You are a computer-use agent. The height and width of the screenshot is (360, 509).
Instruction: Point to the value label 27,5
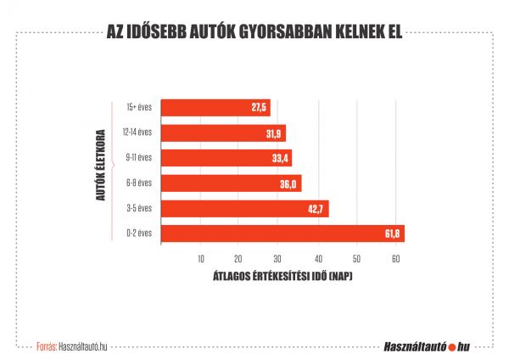pos(259,108)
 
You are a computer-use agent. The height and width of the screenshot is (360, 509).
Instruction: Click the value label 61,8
pos(393,233)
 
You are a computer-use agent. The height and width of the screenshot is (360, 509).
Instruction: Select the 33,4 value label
pos(281,159)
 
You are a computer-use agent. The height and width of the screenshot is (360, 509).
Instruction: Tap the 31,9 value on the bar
pos(275,133)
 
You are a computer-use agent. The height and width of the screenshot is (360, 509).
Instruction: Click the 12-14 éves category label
pos(137,133)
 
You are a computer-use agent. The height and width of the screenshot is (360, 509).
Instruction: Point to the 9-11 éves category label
pos(138,159)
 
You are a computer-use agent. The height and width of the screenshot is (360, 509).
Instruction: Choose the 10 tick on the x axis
pos(200,259)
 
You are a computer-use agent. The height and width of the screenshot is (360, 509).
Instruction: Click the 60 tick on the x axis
pos(395,259)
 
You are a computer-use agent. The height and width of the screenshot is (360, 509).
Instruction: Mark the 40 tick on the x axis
pos(317,259)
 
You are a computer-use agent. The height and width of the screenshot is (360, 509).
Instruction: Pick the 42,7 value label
pos(316,209)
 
